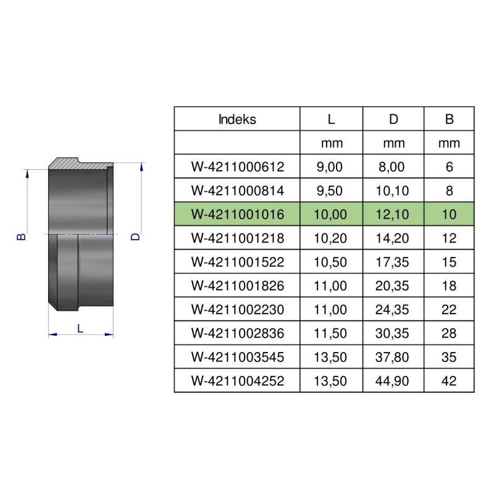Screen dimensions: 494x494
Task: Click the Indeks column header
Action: [237, 119]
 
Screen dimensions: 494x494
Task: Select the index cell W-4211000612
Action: [237, 167]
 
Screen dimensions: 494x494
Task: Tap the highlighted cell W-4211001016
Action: [237, 214]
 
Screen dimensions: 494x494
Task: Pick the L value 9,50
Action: [331, 191]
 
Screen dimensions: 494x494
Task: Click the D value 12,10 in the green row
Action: [393, 214]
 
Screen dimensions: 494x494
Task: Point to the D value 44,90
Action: [393, 381]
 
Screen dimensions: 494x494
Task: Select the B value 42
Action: [449, 381]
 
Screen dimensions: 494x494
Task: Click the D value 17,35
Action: [393, 262]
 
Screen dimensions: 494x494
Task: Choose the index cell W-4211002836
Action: [237, 333]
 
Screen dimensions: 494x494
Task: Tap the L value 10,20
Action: [331, 238]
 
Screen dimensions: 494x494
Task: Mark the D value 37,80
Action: [393, 358]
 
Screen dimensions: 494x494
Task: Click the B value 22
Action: [449, 309]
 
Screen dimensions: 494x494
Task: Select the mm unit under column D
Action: [393, 143]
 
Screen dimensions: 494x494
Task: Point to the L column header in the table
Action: [331, 119]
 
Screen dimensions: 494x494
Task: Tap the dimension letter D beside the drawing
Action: [137, 236]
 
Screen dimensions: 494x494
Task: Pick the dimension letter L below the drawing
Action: [80, 329]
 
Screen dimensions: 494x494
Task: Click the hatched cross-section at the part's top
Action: [80, 164]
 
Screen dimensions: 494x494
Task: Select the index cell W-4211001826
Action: [237, 286]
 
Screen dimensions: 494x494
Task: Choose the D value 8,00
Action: [393, 167]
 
